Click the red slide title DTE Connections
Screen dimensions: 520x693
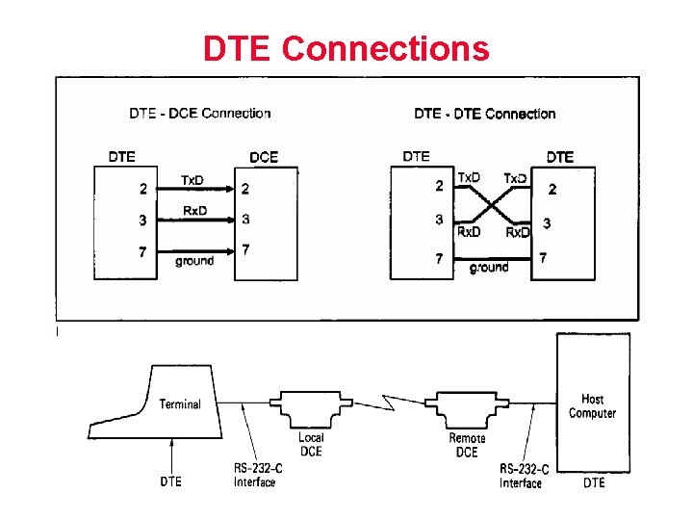pos(346,48)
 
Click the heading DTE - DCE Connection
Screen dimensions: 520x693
pos(200,114)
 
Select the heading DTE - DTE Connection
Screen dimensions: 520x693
pos(485,114)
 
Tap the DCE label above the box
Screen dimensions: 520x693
pos(264,156)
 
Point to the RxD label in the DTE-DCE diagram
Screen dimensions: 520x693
pos(195,211)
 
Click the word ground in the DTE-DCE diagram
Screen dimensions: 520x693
pos(194,261)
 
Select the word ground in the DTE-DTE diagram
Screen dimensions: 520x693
pos(489,268)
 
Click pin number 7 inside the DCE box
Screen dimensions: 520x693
pos(246,250)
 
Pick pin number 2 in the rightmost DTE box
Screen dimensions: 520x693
pos(552,190)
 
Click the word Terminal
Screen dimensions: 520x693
pos(180,404)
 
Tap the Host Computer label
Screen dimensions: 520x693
pos(593,406)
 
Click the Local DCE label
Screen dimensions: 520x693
pos(311,445)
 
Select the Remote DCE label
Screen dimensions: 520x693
pos(467,445)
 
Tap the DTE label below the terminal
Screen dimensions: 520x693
pos(170,481)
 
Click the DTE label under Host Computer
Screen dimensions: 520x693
pos(594,482)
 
